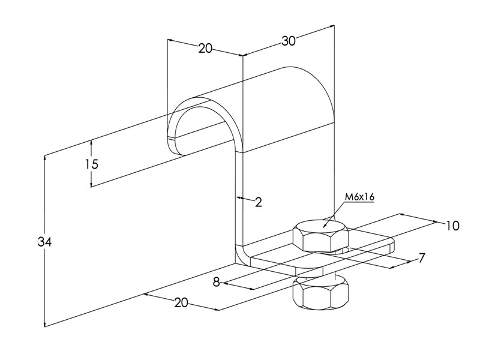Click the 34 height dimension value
44,242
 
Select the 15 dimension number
92,164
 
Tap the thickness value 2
259,202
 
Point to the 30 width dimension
289,41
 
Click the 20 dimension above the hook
205,49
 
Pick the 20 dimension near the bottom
181,303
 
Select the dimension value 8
217,282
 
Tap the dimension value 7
422,258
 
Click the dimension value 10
452,226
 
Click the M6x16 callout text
359,197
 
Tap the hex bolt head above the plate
320,235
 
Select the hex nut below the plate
320,292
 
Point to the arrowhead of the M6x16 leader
323,227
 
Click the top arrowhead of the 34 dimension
45,158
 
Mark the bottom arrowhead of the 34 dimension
45,324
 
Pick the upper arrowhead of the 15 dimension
91,143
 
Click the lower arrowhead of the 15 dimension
91,184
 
